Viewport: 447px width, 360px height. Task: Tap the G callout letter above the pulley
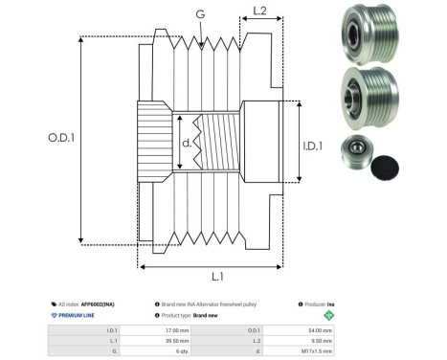point(199,15)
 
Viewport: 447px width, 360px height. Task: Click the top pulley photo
point(367,35)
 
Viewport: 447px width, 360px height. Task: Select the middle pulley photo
point(367,98)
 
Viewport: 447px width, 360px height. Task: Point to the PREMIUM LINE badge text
point(78,314)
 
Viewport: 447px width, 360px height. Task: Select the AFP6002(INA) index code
point(96,303)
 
